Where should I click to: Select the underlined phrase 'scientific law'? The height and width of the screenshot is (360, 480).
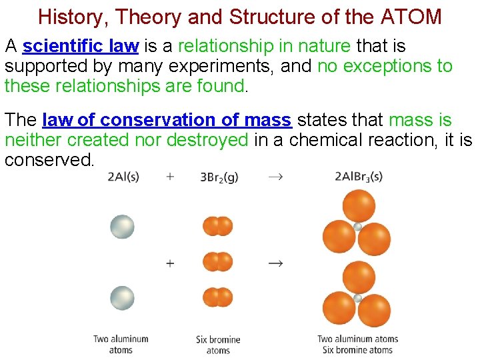click(x=80, y=47)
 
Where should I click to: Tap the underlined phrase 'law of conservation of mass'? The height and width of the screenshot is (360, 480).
click(x=167, y=121)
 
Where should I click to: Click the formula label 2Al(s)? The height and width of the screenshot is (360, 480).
click(x=123, y=177)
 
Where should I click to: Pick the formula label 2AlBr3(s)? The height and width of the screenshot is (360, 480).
click(x=360, y=177)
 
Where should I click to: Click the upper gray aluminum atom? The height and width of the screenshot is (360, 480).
click(x=122, y=227)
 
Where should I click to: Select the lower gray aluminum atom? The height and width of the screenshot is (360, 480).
click(x=122, y=297)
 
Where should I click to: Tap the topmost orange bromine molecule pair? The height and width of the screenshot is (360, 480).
click(x=217, y=227)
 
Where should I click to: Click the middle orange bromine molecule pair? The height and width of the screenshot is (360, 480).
click(x=217, y=262)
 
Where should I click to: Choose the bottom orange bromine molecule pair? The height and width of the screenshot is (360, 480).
click(x=217, y=297)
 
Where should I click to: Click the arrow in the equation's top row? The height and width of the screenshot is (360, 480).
click(x=274, y=177)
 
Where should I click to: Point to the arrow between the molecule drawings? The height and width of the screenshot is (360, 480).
click(x=275, y=263)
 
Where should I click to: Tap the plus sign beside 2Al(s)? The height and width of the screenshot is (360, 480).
click(x=170, y=177)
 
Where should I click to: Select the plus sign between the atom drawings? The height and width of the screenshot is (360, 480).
click(x=170, y=263)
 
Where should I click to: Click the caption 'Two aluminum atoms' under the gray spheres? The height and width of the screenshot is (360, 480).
click(x=121, y=345)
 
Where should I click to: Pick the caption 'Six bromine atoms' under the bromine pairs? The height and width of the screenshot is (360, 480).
click(x=218, y=345)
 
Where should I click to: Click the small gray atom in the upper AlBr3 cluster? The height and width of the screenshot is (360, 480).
click(x=358, y=227)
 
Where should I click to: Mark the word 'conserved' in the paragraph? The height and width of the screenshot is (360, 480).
click(x=48, y=161)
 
